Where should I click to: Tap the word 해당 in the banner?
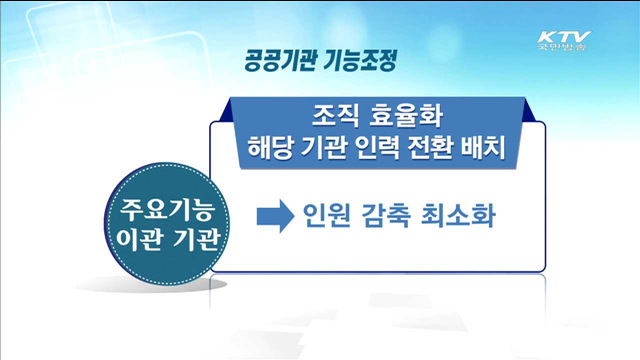coord(268,147)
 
